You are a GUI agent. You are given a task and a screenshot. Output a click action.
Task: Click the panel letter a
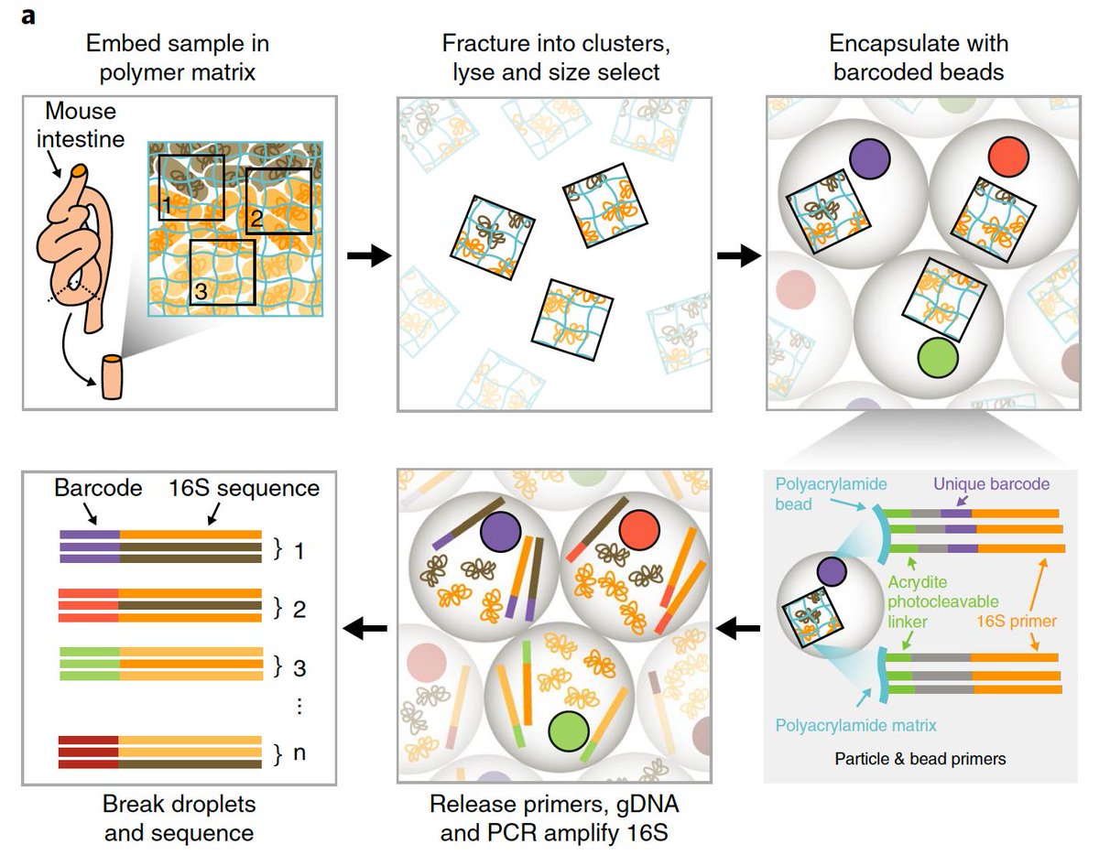click(x=27, y=16)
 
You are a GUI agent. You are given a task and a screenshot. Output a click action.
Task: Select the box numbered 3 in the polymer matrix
click(x=222, y=272)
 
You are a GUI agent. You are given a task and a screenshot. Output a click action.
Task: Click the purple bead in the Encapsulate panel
click(x=871, y=158)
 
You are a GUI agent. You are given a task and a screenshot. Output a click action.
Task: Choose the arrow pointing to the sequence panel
click(x=363, y=628)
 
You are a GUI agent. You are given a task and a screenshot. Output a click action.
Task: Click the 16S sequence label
click(x=244, y=489)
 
